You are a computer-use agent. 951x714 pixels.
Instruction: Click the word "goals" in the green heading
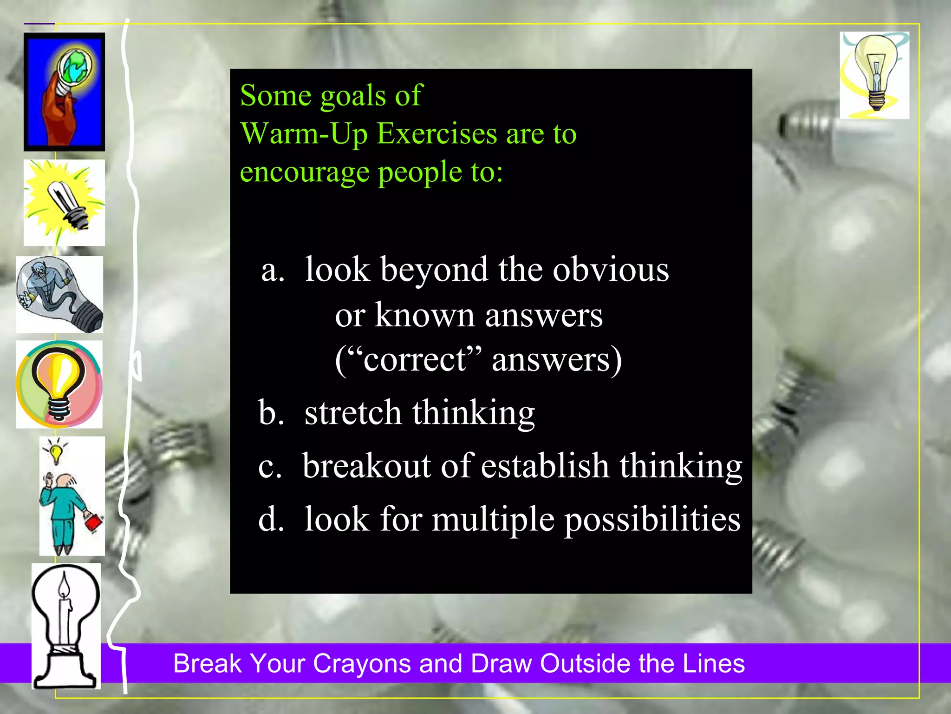pos(353,96)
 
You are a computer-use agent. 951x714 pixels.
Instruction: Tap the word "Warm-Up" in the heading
pos(304,134)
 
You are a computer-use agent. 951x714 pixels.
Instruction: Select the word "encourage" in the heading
pos(305,172)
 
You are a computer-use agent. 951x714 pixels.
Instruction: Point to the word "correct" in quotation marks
pos(415,360)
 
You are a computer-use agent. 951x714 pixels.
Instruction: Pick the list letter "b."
pos(271,413)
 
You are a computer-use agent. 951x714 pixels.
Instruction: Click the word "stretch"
pos(352,413)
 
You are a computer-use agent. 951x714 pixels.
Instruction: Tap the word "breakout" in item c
pos(366,466)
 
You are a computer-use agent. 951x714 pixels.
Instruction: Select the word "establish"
pos(545,466)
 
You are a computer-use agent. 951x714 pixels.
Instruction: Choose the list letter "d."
pos(271,519)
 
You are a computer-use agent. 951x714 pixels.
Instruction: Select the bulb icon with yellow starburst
pos(65,203)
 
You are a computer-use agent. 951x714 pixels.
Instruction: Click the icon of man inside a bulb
pos(59,294)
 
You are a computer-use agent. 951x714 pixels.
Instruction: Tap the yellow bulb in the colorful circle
pos(59,384)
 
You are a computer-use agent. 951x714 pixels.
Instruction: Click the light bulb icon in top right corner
pos(874,75)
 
